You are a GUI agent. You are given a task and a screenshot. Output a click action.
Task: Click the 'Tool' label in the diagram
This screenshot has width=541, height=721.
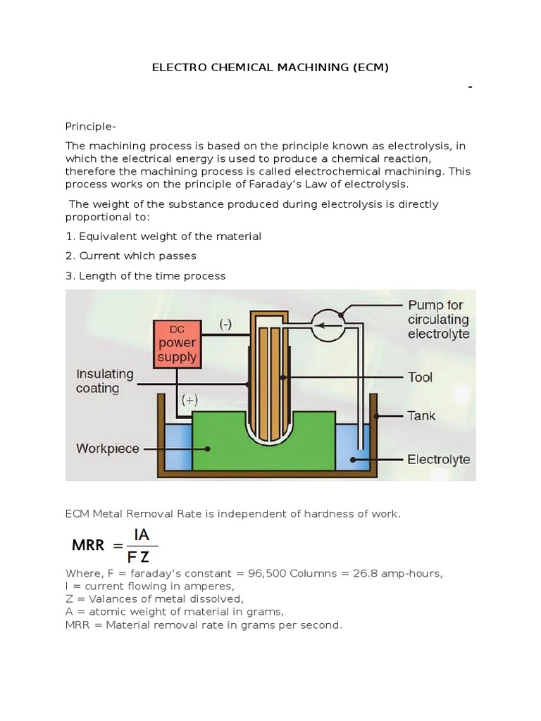(x=420, y=377)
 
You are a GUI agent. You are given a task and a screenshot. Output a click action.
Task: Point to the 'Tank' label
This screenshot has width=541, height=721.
(x=421, y=415)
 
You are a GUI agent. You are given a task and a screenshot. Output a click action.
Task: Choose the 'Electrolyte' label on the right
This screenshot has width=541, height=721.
(x=438, y=460)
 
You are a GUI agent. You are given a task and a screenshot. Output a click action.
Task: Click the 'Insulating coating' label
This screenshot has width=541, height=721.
(x=106, y=381)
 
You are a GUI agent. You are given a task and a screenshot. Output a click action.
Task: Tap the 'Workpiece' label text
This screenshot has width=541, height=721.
(x=107, y=449)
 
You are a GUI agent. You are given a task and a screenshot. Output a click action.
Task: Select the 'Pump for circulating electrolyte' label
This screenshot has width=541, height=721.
(x=438, y=319)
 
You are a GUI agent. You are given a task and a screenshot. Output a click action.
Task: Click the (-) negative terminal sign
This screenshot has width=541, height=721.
(x=225, y=325)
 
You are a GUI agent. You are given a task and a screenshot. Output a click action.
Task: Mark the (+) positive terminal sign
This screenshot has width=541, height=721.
(x=189, y=400)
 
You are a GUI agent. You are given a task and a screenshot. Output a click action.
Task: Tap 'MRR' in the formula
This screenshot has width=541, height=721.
(x=89, y=544)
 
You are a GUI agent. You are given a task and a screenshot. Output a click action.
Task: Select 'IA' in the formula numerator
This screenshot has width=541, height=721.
(x=141, y=535)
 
